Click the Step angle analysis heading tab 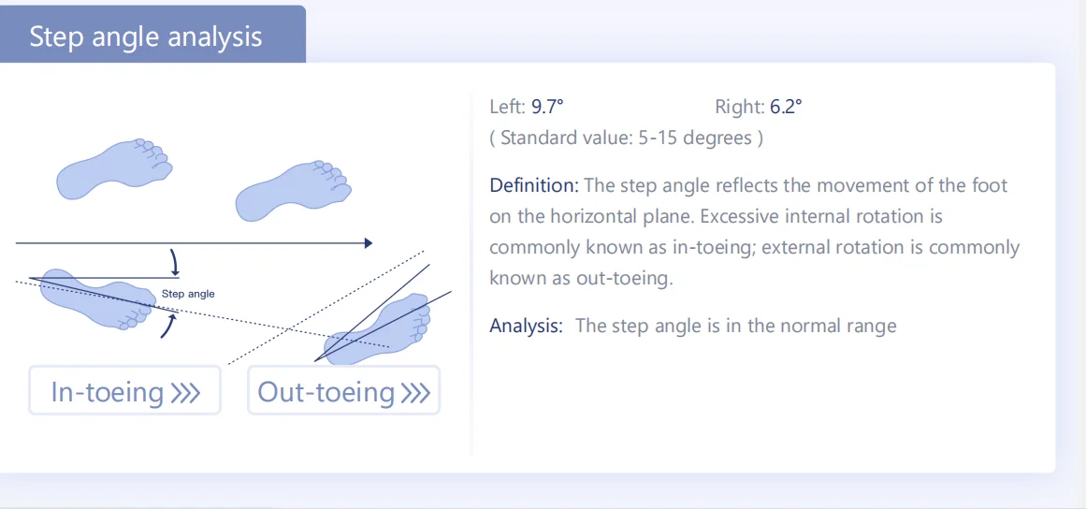(146, 37)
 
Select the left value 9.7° (547, 107)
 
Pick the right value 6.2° (786, 107)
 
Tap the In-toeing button (124, 391)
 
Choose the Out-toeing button (343, 391)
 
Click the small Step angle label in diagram (188, 294)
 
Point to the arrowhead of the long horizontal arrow (369, 243)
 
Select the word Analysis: (526, 326)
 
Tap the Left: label (508, 107)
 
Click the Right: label (739, 107)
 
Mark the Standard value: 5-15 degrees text (626, 138)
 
